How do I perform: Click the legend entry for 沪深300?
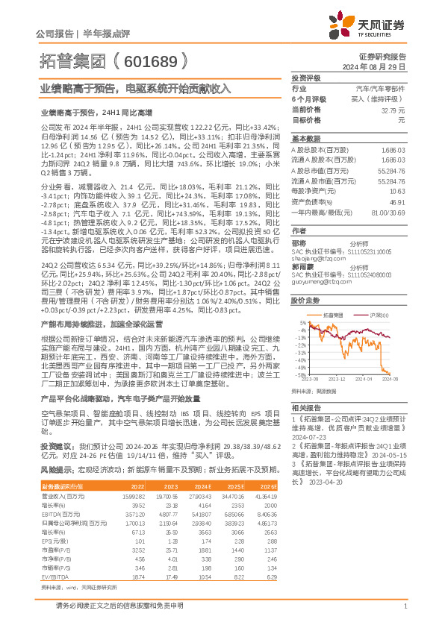coord(376,315)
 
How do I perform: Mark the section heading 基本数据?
coord(305,139)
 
